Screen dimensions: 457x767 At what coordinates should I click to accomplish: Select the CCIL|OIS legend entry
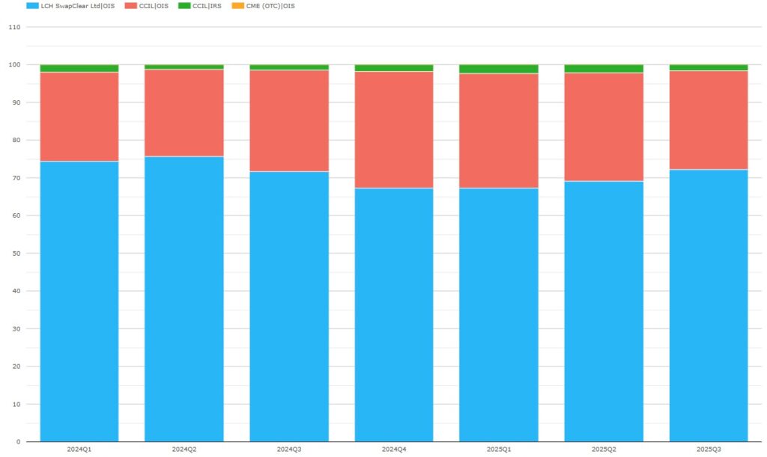tap(153, 6)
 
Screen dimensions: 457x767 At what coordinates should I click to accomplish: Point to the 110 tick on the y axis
tap(13, 27)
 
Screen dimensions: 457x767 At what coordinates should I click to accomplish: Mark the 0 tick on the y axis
tap(18, 442)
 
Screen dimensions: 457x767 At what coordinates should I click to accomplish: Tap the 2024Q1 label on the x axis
tap(79, 450)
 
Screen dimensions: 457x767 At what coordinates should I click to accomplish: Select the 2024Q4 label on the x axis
tap(394, 450)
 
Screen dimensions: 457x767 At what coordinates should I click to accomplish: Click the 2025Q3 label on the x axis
tap(709, 450)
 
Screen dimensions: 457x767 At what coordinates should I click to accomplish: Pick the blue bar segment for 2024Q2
tap(184, 299)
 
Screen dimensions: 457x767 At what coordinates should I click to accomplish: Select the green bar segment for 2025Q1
tap(499, 69)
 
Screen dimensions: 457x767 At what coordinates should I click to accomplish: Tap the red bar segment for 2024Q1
tap(79, 117)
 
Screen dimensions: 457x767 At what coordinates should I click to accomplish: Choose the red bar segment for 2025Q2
tap(604, 127)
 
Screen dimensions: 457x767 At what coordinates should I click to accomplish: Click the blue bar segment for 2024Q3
tap(289, 307)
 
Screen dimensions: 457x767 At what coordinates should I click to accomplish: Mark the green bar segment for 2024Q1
tap(79, 68)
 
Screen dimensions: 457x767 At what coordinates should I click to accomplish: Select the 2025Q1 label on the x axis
tap(499, 450)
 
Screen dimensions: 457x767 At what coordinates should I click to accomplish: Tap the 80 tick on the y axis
tap(16, 140)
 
